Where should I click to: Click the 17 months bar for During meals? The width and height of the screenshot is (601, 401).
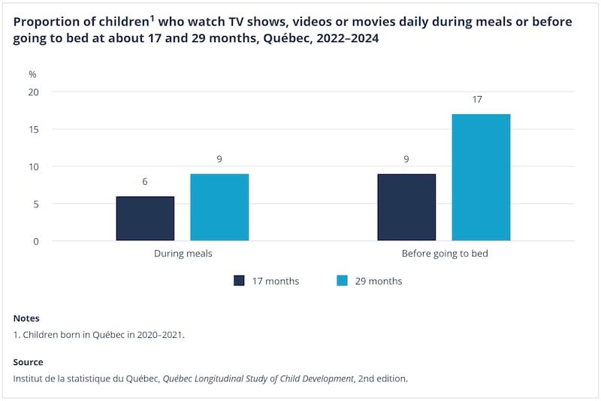[145, 219]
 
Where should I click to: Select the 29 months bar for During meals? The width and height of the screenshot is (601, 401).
[219, 207]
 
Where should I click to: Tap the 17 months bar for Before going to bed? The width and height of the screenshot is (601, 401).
[406, 207]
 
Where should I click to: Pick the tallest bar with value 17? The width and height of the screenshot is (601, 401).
[481, 177]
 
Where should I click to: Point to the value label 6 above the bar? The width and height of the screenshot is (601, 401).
[145, 182]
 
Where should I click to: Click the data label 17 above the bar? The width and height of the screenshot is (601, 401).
[477, 99]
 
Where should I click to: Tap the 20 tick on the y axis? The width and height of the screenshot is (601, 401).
[34, 92]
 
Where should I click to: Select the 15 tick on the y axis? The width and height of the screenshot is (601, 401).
[34, 129]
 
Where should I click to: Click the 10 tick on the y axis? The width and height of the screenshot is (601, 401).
[34, 167]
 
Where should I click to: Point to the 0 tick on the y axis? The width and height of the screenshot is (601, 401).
[36, 241]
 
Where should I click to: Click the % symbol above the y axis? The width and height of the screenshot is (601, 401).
[32, 74]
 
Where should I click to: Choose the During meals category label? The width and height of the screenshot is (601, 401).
[183, 254]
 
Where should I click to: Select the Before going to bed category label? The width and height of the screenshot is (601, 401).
[444, 254]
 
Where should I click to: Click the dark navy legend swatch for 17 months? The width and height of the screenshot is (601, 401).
[240, 281]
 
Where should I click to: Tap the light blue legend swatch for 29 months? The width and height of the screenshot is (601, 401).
[343, 281]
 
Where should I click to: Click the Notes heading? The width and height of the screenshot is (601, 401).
[26, 318]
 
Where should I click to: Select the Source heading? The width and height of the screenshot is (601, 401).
[29, 362]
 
